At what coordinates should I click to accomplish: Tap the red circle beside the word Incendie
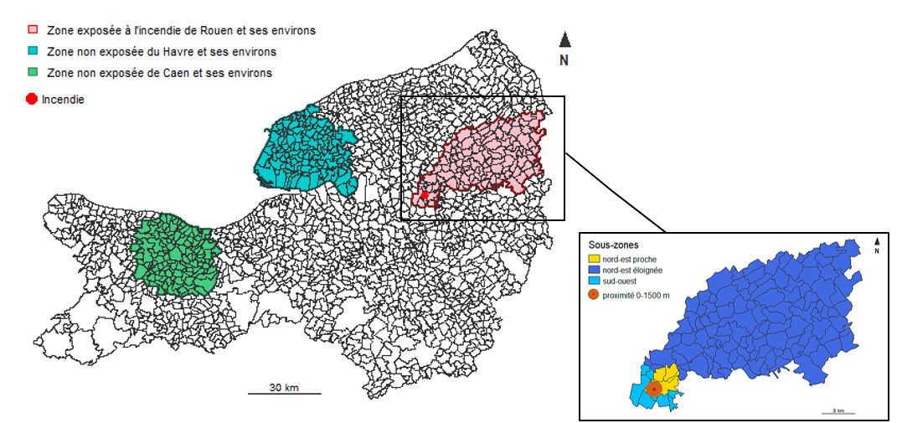pyautogui.click(x=32, y=99)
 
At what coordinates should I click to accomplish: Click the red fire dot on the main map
pyautogui.click(x=425, y=195)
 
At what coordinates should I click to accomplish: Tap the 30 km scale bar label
pyautogui.click(x=285, y=387)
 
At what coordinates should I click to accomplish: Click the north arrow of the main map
pyautogui.click(x=564, y=40)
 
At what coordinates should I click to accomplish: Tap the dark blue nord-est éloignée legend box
pyautogui.click(x=595, y=271)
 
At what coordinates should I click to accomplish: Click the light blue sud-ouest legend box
pyautogui.click(x=595, y=281)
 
